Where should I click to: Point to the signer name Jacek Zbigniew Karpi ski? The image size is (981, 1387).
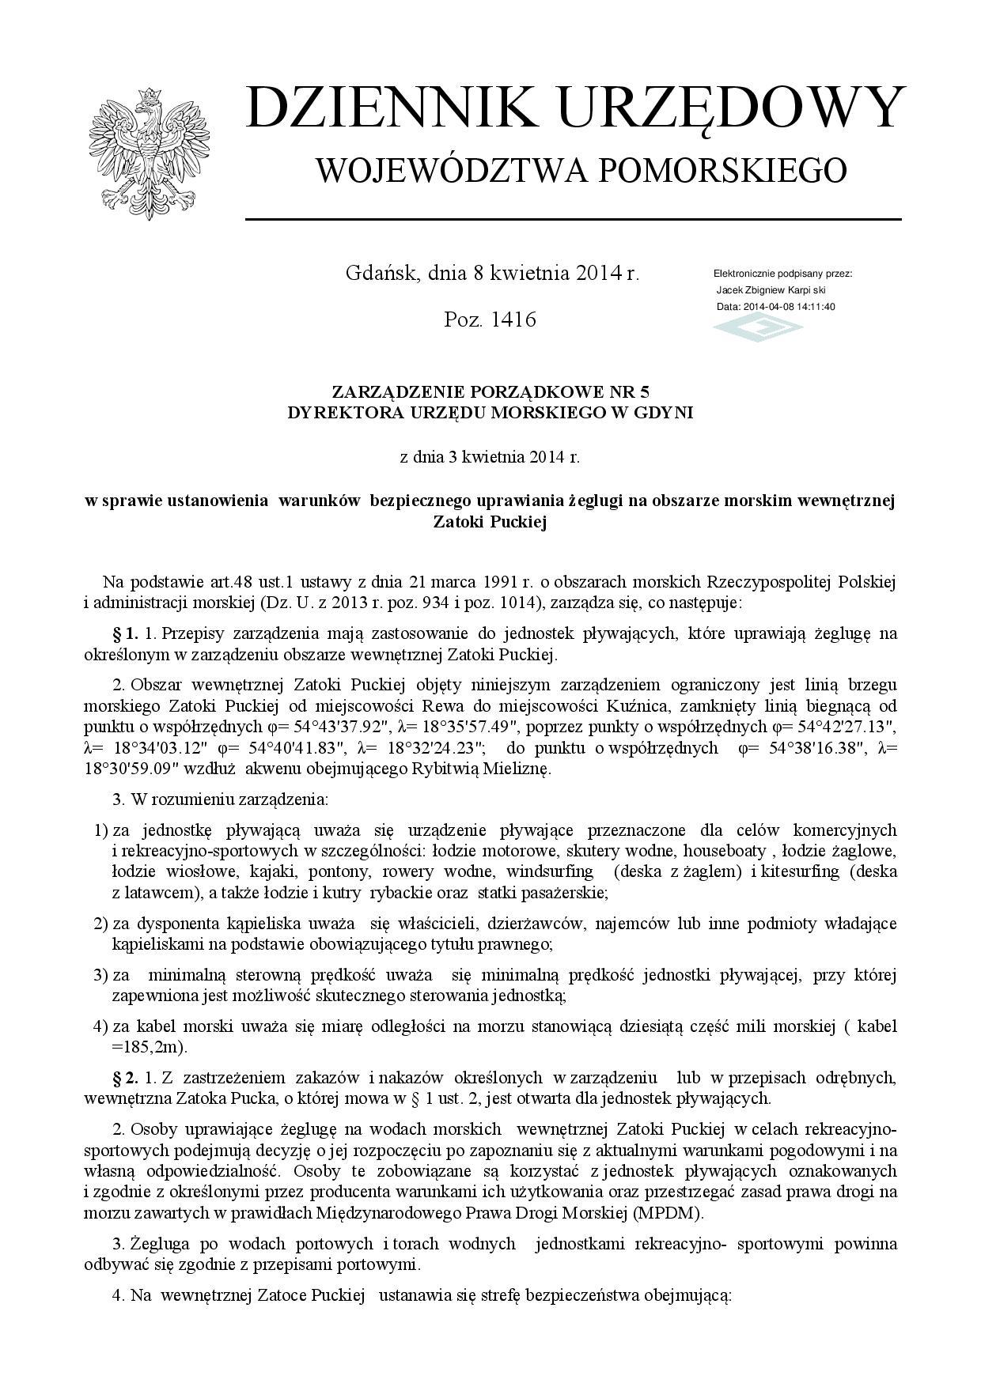(771, 290)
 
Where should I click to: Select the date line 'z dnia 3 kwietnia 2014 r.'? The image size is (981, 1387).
(490, 456)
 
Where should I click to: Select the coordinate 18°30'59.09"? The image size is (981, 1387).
(134, 768)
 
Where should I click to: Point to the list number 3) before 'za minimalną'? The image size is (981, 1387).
(100, 975)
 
